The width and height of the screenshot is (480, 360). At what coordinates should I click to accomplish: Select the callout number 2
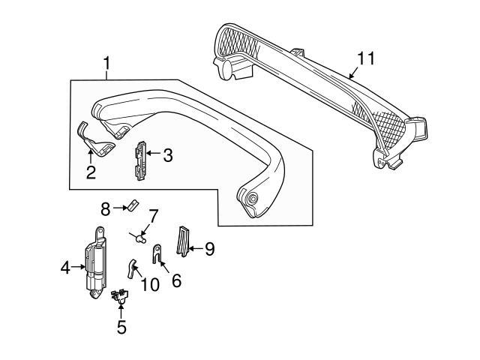point(91,173)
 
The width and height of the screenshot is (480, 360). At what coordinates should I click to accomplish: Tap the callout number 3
point(167,156)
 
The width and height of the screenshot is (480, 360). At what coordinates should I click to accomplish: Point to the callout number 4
point(66,265)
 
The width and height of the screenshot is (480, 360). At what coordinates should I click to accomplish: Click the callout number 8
point(106,206)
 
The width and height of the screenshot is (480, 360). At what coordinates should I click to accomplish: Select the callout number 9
point(209,248)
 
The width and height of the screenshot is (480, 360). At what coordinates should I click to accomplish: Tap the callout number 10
point(150,285)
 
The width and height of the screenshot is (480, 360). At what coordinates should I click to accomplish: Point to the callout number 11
point(365,58)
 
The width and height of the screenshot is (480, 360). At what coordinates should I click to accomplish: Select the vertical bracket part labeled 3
point(139,160)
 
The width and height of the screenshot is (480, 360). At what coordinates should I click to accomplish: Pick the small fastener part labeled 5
point(119,298)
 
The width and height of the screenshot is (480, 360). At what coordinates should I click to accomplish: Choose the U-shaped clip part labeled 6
point(158,253)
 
